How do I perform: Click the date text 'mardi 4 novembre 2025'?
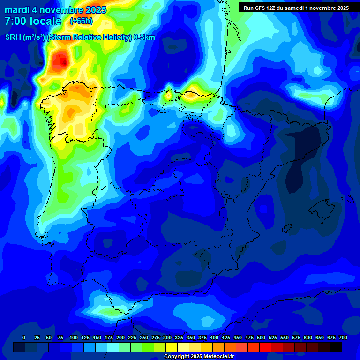pos(55,10)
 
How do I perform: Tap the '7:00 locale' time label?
pos(33,21)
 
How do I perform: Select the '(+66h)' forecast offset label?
pos(81,21)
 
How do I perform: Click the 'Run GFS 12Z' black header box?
pos(296,7)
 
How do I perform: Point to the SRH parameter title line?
pos(80,37)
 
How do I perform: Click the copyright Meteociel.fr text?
pos(199,357)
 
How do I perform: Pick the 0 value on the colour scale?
pos(24,337)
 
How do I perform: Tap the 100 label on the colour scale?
pos(74,337)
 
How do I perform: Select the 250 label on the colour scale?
pos(144,337)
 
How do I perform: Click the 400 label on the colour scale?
pos(214,337)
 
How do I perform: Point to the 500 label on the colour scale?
pos(261,337)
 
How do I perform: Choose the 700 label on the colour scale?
pos(343,337)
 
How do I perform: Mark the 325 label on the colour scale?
pos(179,337)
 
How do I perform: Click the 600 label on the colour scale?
pos(308,337)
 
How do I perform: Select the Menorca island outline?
pos(347,199)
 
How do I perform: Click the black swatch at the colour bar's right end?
pos(336,347)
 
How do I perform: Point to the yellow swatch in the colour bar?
pos(172,347)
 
